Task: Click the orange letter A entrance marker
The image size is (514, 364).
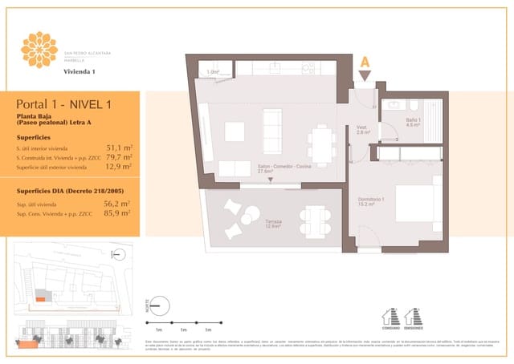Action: point(365,62)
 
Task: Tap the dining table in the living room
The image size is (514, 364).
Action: point(324,144)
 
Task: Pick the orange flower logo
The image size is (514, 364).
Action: point(39,49)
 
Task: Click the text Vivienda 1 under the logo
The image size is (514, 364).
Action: point(80,72)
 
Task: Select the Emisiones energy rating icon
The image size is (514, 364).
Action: point(415,316)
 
